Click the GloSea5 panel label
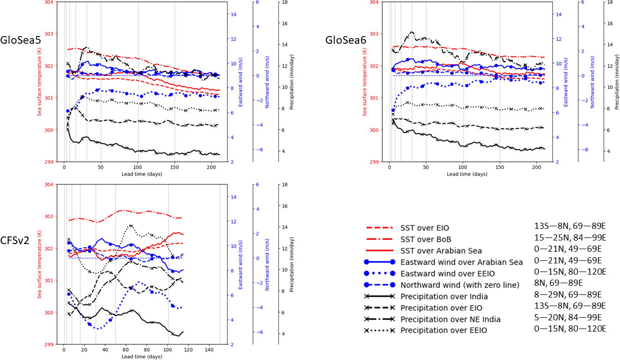tap(21, 40)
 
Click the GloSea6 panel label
tap(347, 40)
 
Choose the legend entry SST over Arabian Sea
tap(441, 250)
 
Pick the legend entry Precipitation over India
tap(445, 296)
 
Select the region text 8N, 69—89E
tap(555, 283)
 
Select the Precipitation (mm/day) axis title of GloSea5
tap(291, 81)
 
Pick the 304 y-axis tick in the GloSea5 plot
tap(51, 2)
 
